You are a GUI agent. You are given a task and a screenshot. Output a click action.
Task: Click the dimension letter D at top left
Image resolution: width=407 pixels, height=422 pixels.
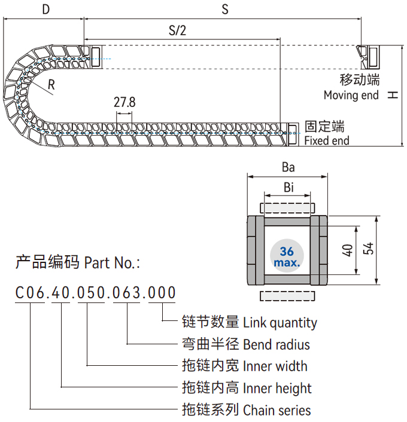(46, 9)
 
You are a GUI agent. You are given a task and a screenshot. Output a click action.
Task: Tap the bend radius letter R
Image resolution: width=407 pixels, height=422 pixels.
(52, 84)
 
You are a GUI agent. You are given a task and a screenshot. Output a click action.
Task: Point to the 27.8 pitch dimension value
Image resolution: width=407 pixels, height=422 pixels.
(124, 102)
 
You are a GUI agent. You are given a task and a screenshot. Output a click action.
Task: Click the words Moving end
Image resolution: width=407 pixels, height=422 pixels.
(351, 95)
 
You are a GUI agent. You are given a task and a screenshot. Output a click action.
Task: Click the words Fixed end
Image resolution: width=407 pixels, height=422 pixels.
(327, 141)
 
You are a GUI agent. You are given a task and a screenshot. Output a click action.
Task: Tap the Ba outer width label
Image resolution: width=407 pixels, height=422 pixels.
(288, 167)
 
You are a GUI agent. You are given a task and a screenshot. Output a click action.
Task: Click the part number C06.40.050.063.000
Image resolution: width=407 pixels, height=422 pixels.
(96, 293)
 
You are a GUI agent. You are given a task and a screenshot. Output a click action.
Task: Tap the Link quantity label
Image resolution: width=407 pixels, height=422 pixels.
(280, 323)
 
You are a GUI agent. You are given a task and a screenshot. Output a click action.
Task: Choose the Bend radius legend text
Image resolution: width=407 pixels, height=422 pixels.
(277, 344)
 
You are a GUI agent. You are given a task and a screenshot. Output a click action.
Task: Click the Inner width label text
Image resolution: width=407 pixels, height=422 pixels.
(275, 366)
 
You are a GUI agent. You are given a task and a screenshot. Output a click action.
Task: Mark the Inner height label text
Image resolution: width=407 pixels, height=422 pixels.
(277, 388)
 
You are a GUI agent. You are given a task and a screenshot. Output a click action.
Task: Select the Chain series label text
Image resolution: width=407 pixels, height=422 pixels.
(277, 410)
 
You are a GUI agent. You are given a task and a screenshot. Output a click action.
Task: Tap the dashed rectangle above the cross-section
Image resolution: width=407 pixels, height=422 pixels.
(288, 207)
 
